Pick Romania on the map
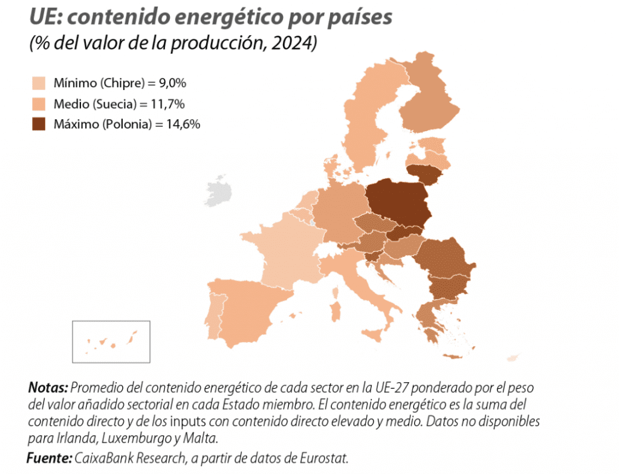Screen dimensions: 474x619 tap(444, 257)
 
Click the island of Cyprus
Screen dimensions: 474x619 tap(512, 359)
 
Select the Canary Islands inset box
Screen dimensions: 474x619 tap(111, 342)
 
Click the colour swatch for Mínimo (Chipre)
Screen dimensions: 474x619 tap(39, 83)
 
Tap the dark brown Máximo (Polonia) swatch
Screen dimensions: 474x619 tap(39, 125)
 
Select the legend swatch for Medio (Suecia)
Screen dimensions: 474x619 tap(39, 103)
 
